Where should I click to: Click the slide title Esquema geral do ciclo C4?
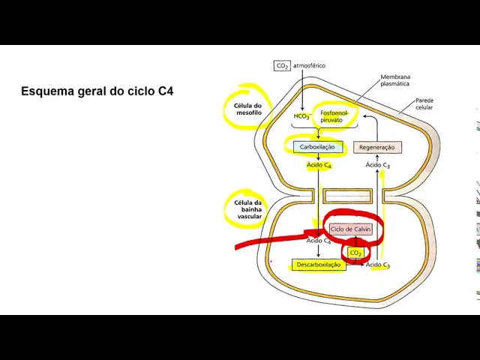pyautogui.click(x=97, y=91)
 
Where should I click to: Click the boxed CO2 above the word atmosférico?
pyautogui.click(x=282, y=66)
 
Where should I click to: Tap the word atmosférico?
pyautogui.click(x=310, y=66)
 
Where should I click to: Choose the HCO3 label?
pyautogui.click(x=301, y=116)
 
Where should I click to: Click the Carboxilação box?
pyautogui.click(x=317, y=147)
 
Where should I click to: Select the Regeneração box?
pyautogui.click(x=376, y=147)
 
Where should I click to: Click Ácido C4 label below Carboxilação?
pyautogui.click(x=319, y=165)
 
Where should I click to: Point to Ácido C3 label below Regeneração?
pyautogui.click(x=377, y=165)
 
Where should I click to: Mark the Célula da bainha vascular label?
pyautogui.click(x=249, y=209)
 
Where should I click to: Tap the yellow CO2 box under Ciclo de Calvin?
pyautogui.click(x=355, y=253)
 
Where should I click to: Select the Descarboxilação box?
pyautogui.click(x=318, y=265)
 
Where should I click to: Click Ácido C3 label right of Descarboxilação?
pyautogui.click(x=377, y=265)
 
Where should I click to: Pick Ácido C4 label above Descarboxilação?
pyautogui.click(x=319, y=241)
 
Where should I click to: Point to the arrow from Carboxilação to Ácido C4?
pyautogui.click(x=318, y=157)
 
